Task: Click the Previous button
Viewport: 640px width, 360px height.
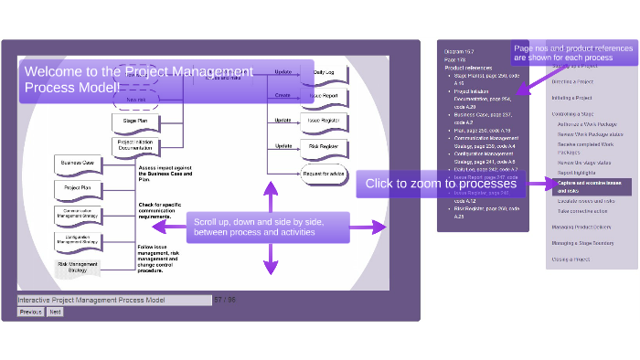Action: pos(31,312)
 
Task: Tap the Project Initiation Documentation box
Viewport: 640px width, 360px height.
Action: pos(136,146)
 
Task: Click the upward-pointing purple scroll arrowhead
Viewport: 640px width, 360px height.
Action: pos(271,187)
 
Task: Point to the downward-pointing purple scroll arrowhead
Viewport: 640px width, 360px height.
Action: pos(271,269)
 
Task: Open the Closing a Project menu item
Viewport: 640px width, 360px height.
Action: pos(571,259)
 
